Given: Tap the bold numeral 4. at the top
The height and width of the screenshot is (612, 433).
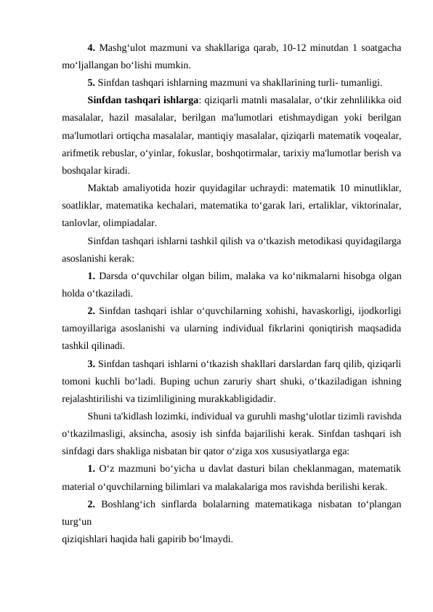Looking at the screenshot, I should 92,49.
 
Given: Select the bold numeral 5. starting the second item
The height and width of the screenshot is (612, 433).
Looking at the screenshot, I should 92,81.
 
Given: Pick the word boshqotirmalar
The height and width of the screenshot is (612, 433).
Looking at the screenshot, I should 247,152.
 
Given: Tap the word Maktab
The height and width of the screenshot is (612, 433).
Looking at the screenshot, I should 103,188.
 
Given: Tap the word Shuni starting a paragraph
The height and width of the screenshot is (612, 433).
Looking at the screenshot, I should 100,416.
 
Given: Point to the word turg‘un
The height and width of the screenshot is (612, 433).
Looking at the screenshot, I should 76,521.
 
